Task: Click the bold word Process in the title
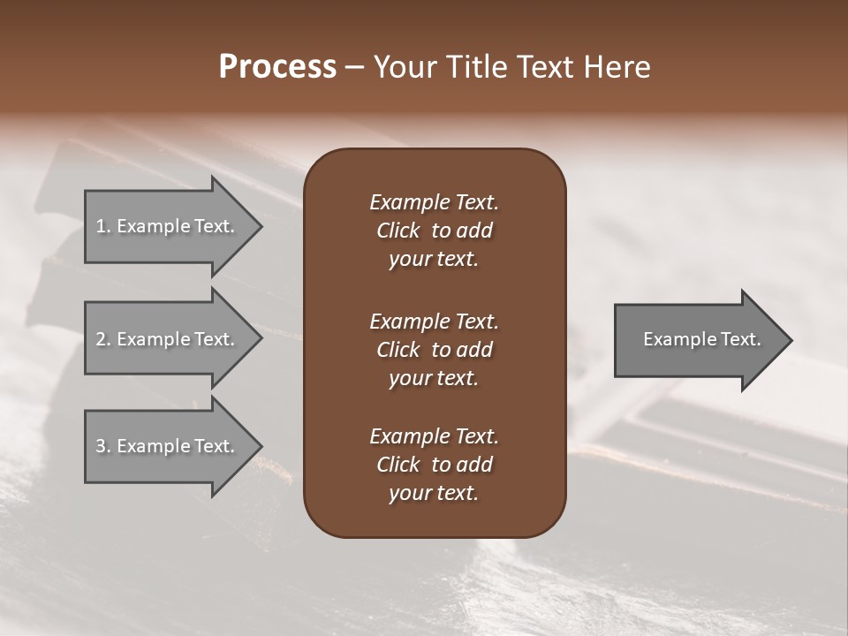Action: [x=277, y=67]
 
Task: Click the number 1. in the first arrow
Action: [x=103, y=226]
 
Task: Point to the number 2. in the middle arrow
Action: [x=103, y=339]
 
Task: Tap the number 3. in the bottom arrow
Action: [x=103, y=446]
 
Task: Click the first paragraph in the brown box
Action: [x=434, y=231]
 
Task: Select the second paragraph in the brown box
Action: [x=434, y=349]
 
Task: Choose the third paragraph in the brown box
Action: [x=434, y=465]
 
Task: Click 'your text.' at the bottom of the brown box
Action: [x=434, y=493]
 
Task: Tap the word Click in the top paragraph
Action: [x=398, y=231]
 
